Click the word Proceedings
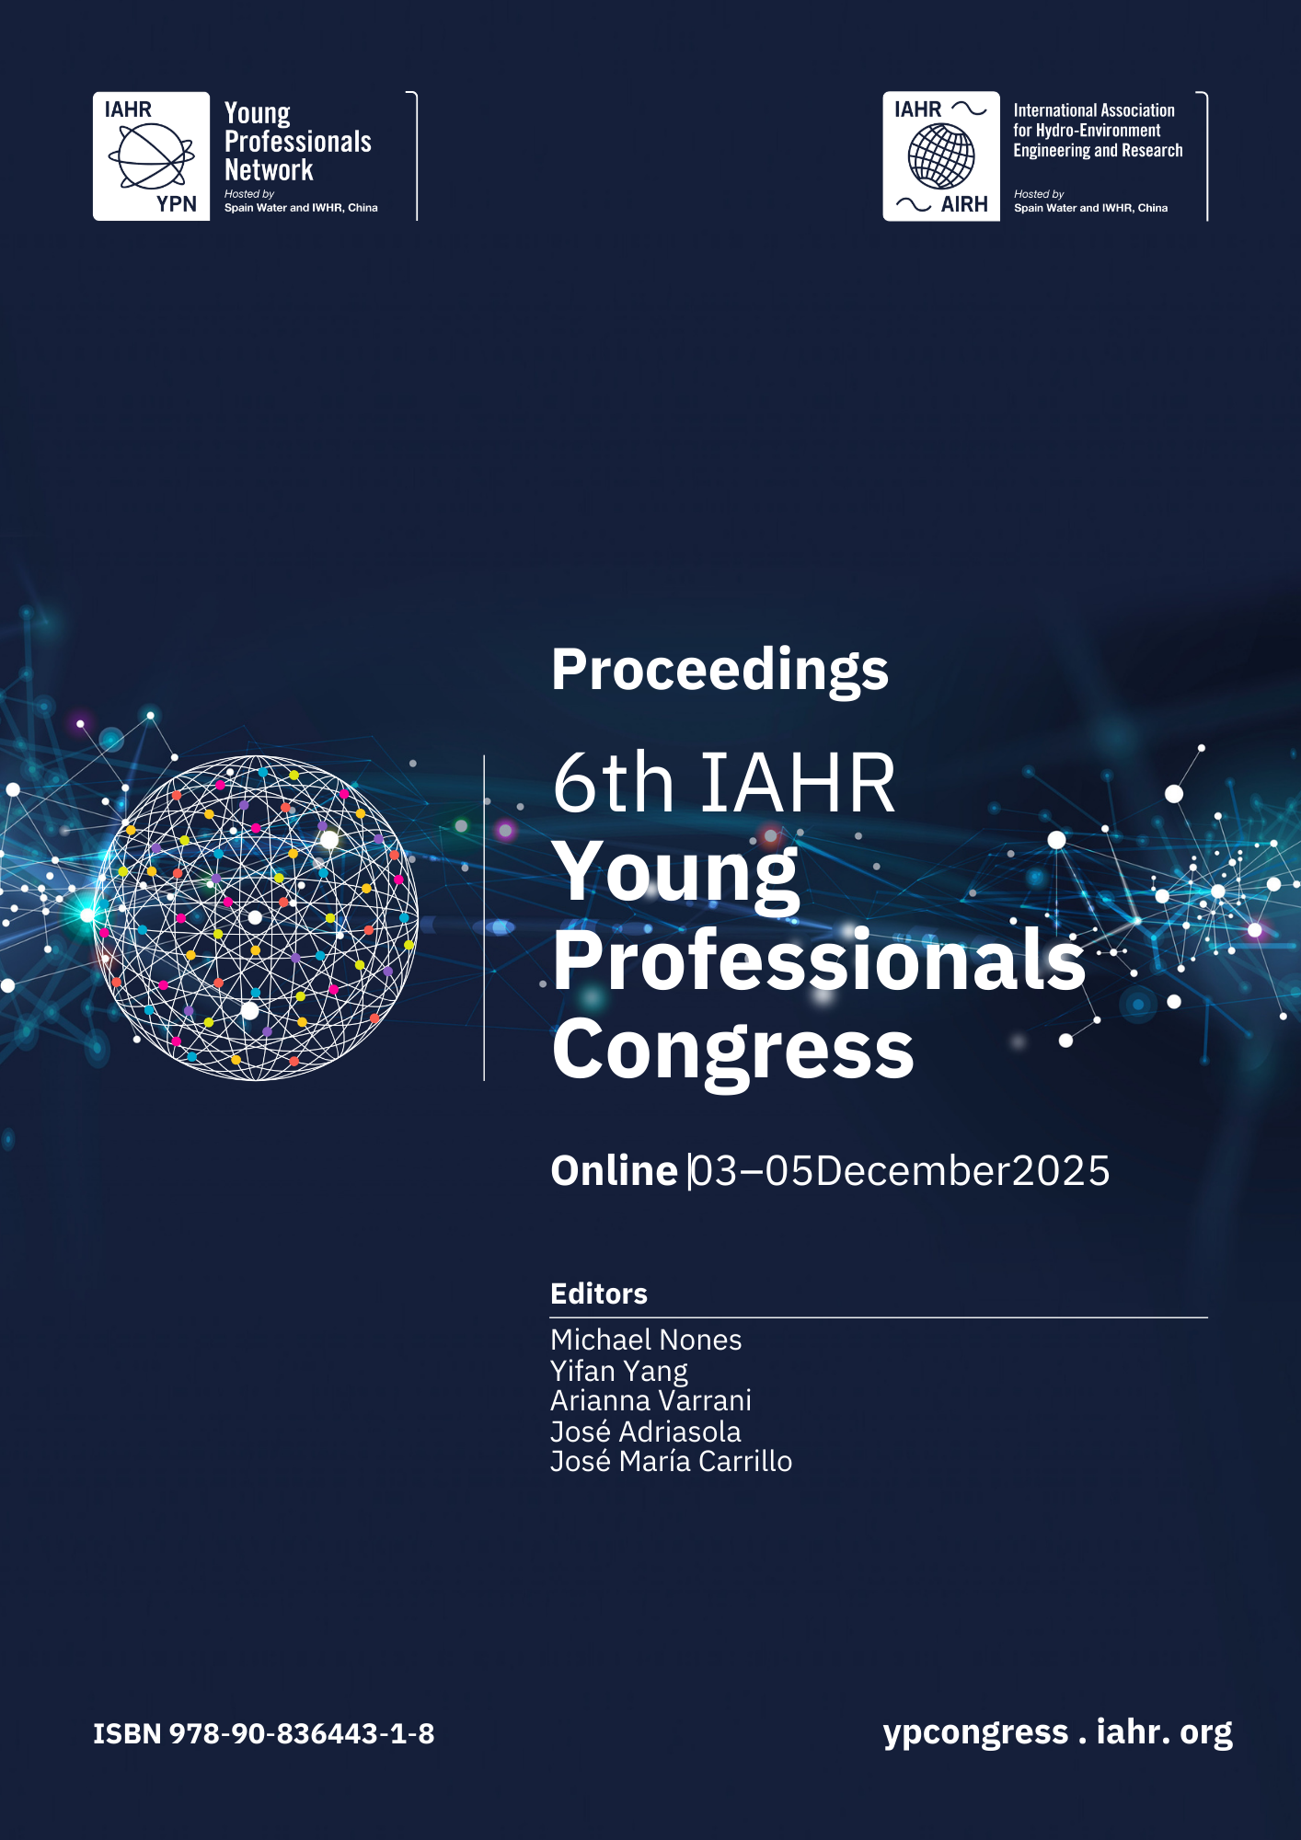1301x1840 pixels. (x=720, y=671)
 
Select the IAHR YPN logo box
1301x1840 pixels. (x=152, y=156)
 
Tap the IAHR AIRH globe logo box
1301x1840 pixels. (x=941, y=156)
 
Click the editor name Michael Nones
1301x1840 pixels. (x=646, y=1340)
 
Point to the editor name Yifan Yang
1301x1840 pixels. (x=619, y=1371)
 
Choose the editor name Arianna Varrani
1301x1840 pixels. (x=651, y=1400)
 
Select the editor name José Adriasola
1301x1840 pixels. (x=646, y=1431)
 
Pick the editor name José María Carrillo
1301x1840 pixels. (x=672, y=1461)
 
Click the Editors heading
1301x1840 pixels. (x=599, y=1294)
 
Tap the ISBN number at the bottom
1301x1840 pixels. (x=264, y=1734)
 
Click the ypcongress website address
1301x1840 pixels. (x=1058, y=1732)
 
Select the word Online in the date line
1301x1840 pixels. (x=614, y=1171)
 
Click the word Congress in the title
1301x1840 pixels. (x=733, y=1051)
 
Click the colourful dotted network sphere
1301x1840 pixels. (x=256, y=918)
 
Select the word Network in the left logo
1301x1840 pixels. (x=269, y=170)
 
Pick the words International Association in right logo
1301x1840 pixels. (x=1094, y=110)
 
